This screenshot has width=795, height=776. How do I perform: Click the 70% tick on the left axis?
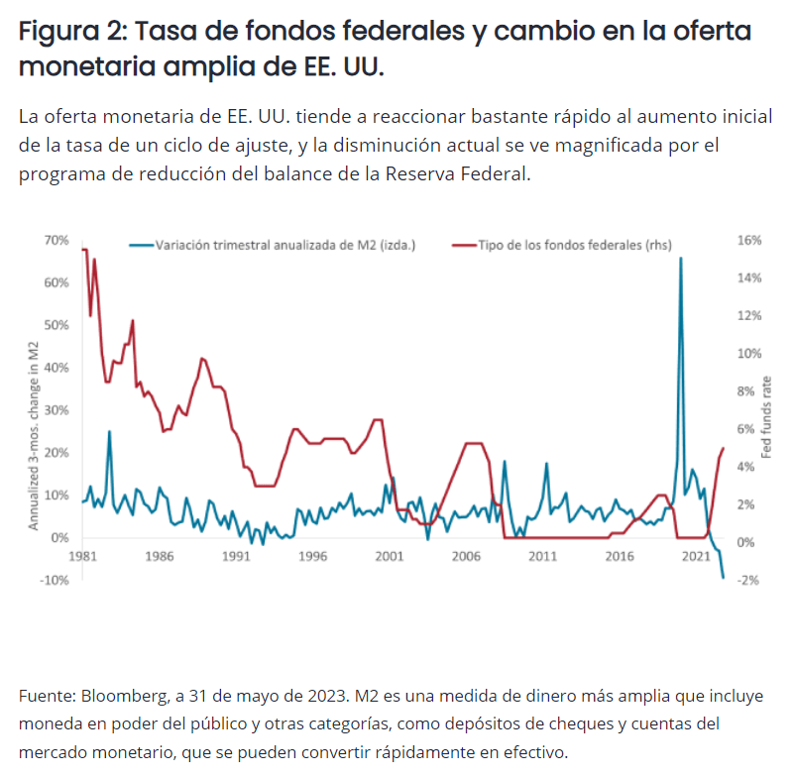(56, 241)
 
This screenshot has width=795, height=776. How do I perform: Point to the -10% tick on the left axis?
(54, 580)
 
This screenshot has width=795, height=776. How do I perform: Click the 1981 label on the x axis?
(82, 557)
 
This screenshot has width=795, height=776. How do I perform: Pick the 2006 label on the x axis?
(466, 557)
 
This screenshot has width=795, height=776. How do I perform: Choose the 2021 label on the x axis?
(696, 557)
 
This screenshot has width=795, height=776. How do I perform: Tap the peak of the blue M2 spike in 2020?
(681, 259)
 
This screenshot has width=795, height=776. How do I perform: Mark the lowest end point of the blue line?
(723, 577)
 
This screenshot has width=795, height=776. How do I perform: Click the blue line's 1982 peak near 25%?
(109, 431)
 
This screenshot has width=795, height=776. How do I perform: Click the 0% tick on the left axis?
(59, 538)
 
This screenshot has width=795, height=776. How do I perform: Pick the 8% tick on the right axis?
(745, 391)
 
